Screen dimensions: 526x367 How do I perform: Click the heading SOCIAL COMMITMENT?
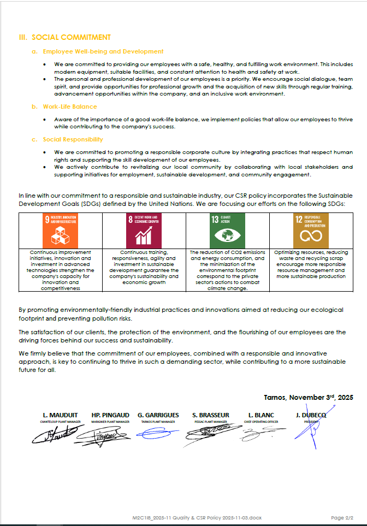click(x=71, y=37)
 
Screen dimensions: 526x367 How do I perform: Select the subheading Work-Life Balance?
click(x=70, y=107)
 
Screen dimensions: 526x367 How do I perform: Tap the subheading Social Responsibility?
click(x=73, y=139)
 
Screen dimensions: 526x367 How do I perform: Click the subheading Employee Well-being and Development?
click(x=103, y=51)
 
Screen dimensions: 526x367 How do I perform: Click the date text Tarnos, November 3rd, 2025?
click(x=308, y=398)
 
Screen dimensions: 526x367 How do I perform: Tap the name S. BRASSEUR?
click(x=210, y=415)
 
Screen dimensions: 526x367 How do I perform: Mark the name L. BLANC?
click(x=261, y=415)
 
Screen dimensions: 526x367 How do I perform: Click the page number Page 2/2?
click(x=342, y=517)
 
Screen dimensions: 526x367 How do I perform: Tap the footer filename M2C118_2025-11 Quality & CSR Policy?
click(x=197, y=517)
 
